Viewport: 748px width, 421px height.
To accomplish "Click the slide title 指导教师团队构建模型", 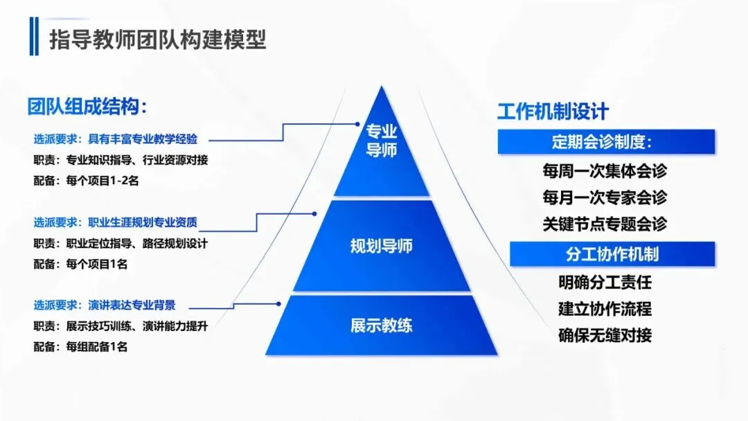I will pos(157,39).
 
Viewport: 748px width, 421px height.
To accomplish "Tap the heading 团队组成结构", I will pos(89,107).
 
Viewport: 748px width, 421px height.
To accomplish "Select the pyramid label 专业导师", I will pos(381,141).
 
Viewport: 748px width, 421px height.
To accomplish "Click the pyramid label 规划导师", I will pos(381,246).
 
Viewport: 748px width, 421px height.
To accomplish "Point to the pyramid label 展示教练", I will pos(381,325).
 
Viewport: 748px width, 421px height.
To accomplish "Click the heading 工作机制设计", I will pos(553,111).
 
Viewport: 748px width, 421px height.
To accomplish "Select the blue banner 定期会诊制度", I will pos(605,143).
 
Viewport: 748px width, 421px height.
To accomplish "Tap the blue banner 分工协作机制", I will pos(612,254).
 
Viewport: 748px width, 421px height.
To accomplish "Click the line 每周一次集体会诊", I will pos(605,170).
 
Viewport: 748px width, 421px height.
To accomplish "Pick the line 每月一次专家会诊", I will pos(605,197).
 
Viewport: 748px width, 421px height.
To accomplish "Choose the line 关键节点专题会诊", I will pos(605,224).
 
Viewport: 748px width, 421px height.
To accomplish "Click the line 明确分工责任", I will pos(605,283).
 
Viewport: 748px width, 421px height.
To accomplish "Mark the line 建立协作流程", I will pos(605,309).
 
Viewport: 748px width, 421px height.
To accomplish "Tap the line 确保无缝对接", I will pos(605,336).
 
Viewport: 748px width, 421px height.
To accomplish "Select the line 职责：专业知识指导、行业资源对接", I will pos(121,160).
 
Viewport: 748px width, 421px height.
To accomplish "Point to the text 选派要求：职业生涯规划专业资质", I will pos(116,222).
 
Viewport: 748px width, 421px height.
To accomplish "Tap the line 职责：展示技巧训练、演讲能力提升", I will pos(121,326).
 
